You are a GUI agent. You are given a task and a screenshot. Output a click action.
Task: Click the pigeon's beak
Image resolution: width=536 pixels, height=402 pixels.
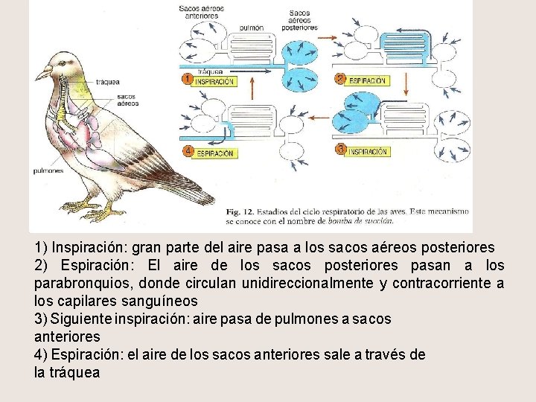(41, 74)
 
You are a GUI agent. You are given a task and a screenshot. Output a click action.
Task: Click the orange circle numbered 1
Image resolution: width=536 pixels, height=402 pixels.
(188, 78)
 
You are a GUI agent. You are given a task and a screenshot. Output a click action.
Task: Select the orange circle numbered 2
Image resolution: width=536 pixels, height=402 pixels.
(340, 78)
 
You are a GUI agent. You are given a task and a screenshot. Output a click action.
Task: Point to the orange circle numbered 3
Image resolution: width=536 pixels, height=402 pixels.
(340, 150)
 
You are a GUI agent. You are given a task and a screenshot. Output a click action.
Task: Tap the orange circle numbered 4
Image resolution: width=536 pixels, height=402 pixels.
(188, 151)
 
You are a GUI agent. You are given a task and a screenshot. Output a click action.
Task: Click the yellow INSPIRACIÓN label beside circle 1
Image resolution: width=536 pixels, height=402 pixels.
(214, 81)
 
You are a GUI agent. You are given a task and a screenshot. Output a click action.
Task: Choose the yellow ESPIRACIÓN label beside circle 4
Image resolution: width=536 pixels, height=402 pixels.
(215, 153)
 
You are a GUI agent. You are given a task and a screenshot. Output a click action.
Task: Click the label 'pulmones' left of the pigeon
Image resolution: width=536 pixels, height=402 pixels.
(48, 170)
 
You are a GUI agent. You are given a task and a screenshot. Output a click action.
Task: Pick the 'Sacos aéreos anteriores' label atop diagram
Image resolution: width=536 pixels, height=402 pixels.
(201, 11)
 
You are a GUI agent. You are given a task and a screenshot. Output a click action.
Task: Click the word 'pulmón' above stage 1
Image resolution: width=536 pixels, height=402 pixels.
(252, 28)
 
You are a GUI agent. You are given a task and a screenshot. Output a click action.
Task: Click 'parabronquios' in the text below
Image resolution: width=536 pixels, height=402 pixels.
(75, 284)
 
